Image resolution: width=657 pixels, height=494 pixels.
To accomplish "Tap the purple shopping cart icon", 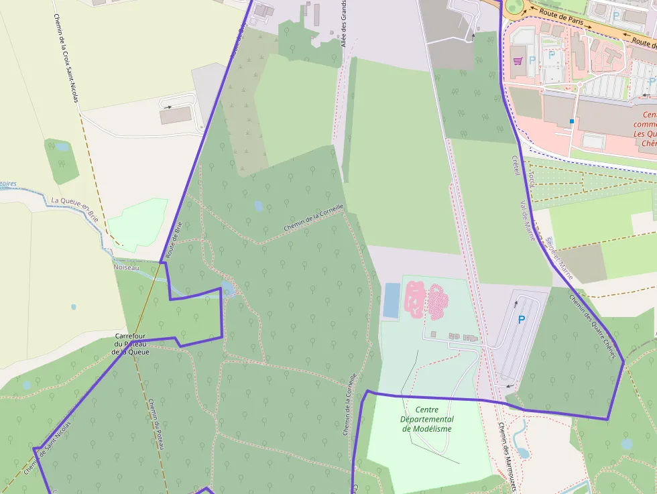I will tap(517, 61).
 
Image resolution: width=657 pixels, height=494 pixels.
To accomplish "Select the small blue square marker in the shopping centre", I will tap(571, 121).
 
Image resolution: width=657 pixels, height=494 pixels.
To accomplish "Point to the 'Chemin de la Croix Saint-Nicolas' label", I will tap(66, 59).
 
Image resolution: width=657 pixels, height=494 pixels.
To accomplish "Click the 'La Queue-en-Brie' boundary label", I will tap(74, 209).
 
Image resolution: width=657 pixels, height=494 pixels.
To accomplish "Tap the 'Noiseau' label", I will tap(126, 267).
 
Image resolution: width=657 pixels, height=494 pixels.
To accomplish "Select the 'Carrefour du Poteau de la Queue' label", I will tap(130, 343).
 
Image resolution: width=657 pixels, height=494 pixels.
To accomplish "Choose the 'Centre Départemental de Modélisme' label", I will tap(426, 419).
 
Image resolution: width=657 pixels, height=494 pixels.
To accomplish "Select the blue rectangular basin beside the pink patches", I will tap(391, 300).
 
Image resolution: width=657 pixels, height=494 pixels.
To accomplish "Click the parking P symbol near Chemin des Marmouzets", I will tap(521, 320).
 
